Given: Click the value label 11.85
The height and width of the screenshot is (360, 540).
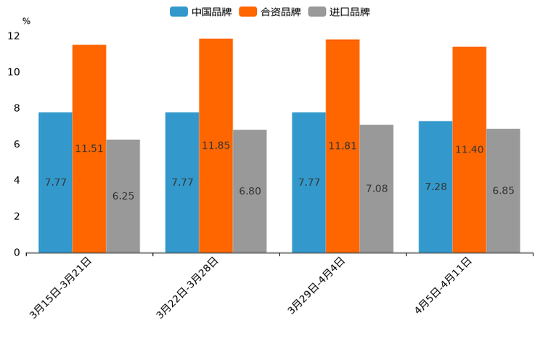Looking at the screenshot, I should [x=216, y=146].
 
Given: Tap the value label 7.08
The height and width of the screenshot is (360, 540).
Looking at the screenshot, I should [x=377, y=189].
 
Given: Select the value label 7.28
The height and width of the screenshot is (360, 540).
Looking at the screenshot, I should [x=435, y=187].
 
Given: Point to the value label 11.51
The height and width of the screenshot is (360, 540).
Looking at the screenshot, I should [x=89, y=149].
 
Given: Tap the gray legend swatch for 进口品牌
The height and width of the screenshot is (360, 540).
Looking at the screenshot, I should [x=316, y=12].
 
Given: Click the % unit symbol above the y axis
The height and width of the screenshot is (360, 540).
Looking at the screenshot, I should [x=26, y=21].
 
